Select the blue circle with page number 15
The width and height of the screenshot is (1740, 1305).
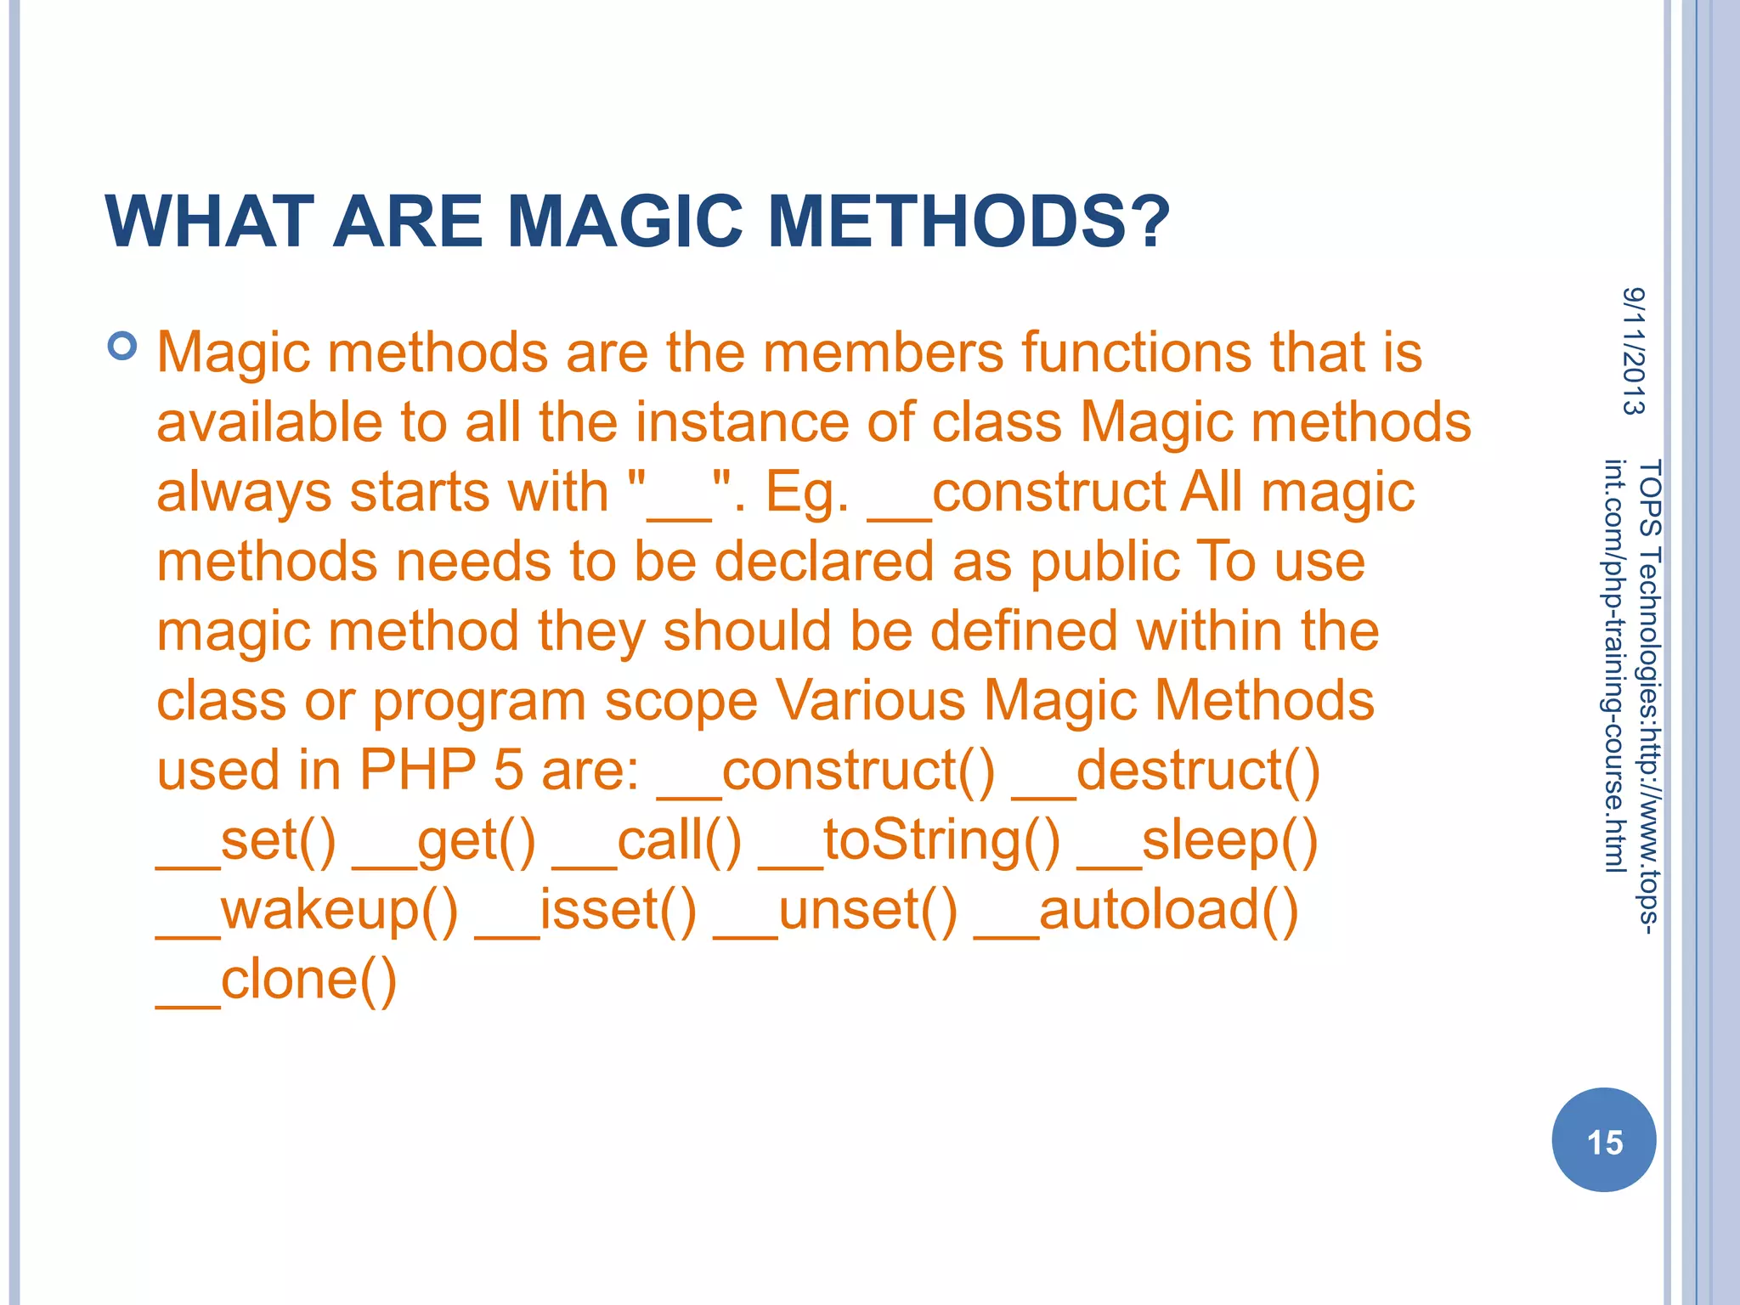[x=1603, y=1140]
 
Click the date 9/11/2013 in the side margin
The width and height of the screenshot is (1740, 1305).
[x=1633, y=351]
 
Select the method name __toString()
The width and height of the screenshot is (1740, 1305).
[x=909, y=841]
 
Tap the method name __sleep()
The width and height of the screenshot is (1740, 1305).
[x=1197, y=841]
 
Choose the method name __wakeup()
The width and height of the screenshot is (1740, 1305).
[x=307, y=911]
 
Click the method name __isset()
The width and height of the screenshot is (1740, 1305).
[x=585, y=911]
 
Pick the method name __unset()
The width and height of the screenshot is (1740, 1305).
[x=835, y=911]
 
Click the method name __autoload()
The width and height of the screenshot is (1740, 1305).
[x=1136, y=911]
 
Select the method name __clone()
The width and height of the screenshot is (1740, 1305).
[x=276, y=980]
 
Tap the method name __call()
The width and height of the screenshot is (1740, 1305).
[x=647, y=841]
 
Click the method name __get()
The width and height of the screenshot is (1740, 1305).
[x=444, y=841]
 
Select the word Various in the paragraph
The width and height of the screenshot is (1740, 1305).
[x=871, y=702]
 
